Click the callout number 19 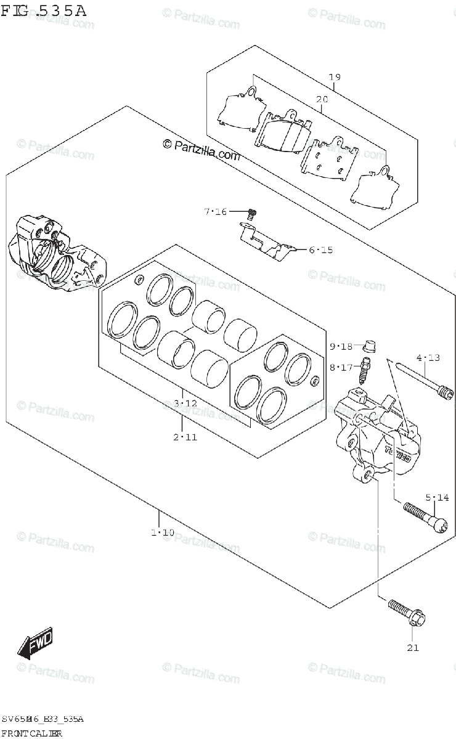[335, 77]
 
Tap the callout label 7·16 [216, 212]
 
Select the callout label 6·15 [320, 250]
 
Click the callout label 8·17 [340, 367]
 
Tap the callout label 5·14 [436, 497]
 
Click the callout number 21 [412, 647]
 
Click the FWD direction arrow [36, 643]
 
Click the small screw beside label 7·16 [251, 214]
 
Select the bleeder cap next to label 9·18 [370, 344]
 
